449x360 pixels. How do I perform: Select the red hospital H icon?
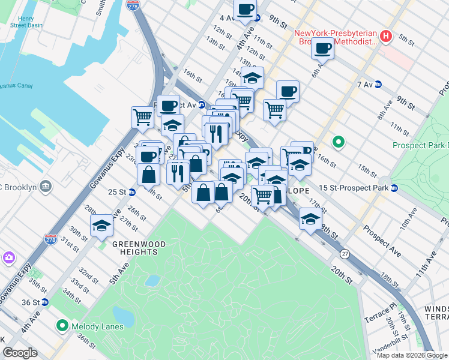[387, 37]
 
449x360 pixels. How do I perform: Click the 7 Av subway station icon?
[379, 85]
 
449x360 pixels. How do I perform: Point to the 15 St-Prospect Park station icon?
[394, 188]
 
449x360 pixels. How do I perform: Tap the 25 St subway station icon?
[131, 192]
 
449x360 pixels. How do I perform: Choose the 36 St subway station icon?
[45, 303]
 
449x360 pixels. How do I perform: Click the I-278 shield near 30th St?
[51, 240]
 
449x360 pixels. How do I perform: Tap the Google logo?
[20, 353]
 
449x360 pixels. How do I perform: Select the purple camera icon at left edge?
[9, 257]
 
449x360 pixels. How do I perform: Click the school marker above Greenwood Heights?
[101, 225]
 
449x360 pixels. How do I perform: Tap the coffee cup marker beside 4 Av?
[245, 10]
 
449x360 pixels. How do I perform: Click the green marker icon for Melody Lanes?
[62, 326]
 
